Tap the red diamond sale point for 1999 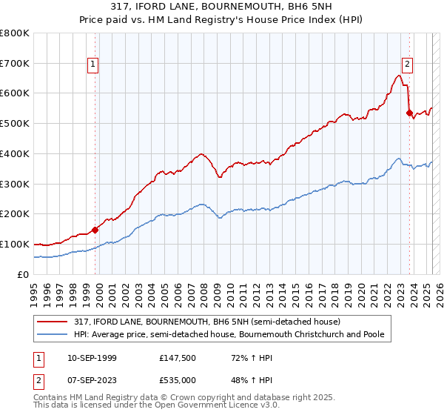point(95,230)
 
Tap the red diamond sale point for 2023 point(409,113)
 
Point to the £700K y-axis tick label point(15,63)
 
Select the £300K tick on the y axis point(15,184)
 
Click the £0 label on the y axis point(24,274)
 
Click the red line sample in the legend point(54,322)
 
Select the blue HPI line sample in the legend point(54,335)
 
